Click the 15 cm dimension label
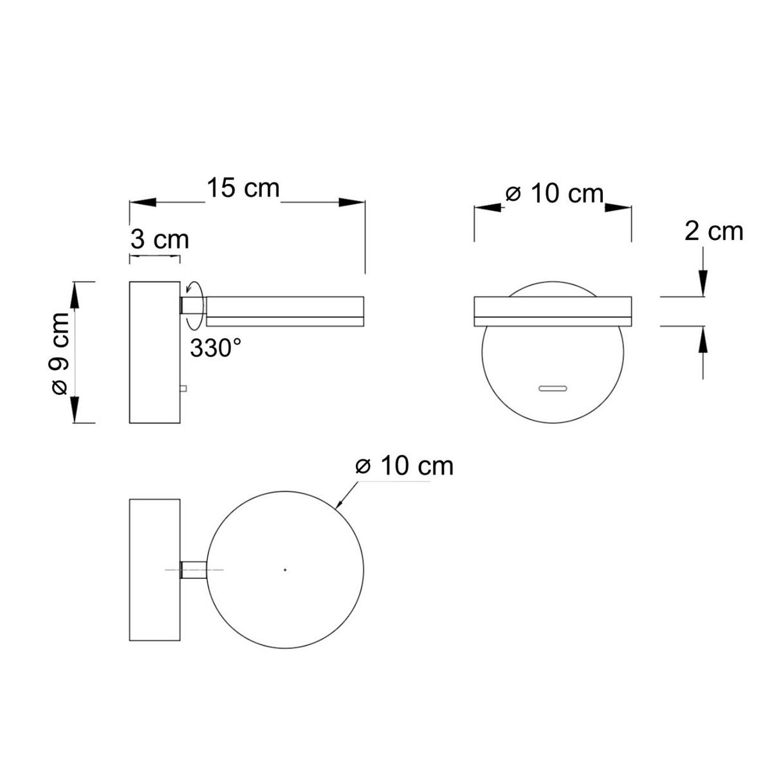[x=243, y=188]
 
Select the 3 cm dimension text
[x=160, y=239]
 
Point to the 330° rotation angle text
[x=216, y=348]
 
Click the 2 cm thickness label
[x=713, y=231]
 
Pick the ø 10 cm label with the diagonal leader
[x=405, y=466]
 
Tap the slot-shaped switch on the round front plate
[x=553, y=389]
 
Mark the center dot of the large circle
[x=286, y=569]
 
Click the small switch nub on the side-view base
[x=184, y=388]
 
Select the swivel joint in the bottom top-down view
[x=194, y=570]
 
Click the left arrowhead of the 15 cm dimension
[x=143, y=202]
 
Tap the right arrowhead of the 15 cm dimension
[x=353, y=202]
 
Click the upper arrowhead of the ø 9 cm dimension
[x=75, y=297]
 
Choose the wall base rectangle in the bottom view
[x=155, y=569]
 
